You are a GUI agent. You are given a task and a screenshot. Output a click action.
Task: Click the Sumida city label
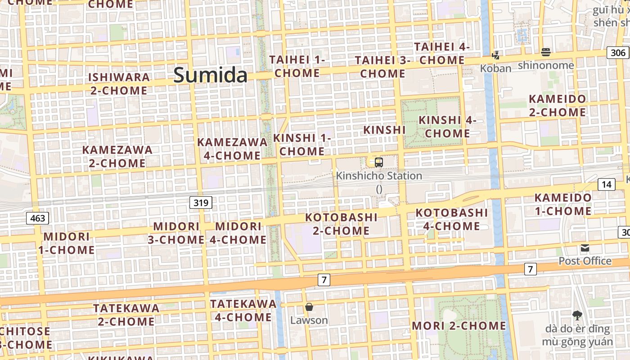point(210,75)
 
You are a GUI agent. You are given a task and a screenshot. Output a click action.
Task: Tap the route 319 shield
point(201,203)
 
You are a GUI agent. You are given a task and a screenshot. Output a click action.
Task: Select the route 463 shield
point(37,219)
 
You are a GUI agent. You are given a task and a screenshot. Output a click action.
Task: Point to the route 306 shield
point(618,53)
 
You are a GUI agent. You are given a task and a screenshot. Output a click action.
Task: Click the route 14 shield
point(607,184)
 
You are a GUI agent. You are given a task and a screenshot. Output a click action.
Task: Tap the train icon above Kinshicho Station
point(379,162)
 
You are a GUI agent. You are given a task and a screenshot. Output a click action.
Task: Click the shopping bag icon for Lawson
point(309,307)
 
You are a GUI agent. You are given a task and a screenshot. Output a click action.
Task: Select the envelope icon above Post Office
point(585,248)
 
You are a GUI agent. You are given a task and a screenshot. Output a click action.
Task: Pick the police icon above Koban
point(495,55)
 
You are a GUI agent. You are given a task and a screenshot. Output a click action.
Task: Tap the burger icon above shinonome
point(546,52)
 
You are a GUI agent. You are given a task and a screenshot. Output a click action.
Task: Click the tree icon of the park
point(577,315)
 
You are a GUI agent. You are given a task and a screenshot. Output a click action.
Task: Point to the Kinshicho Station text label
point(379,176)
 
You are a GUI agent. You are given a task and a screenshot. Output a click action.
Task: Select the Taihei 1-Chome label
point(297,66)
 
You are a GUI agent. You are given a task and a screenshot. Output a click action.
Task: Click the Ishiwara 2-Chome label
point(119,84)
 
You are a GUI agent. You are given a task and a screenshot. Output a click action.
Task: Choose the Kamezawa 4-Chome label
point(232,149)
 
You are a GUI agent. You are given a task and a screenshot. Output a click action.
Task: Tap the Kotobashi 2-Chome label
point(342,224)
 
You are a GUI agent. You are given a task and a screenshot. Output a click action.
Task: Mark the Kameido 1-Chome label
point(562,204)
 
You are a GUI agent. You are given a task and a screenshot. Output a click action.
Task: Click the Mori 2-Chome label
point(459,326)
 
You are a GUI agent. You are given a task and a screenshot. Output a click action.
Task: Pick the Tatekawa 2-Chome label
point(126,315)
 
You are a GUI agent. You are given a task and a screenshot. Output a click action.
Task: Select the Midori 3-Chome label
point(176,233)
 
